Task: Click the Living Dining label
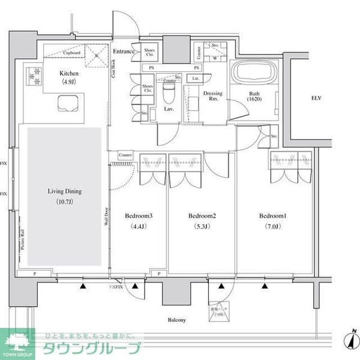[x=65, y=191]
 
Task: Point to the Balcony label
[x=176, y=320]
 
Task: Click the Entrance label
[x=124, y=52]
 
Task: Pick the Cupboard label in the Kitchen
[x=71, y=52]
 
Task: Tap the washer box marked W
[x=214, y=58]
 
